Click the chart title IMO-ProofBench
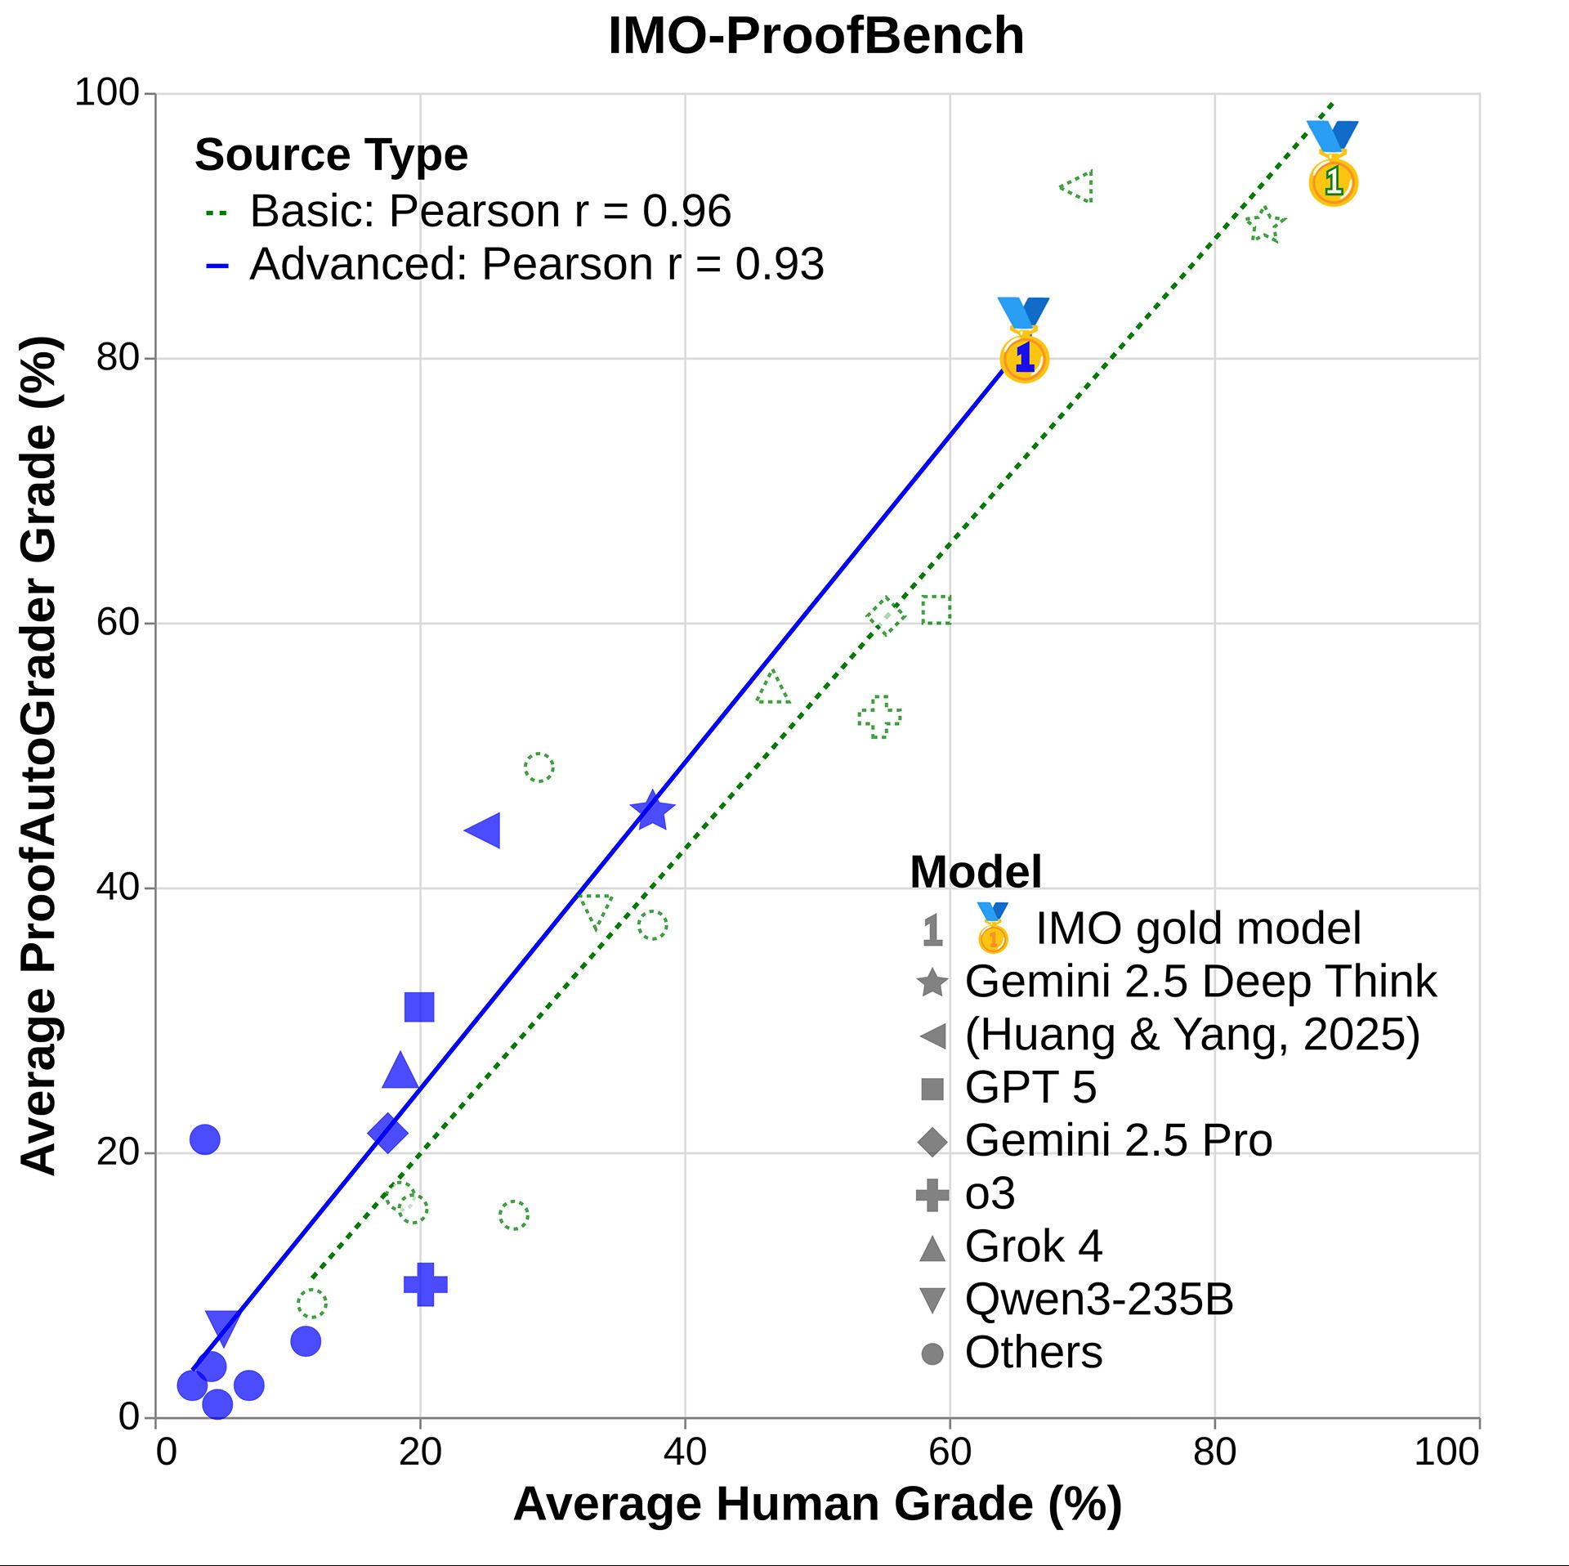[816, 37]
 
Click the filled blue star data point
[652, 812]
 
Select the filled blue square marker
[419, 1007]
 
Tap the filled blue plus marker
[426, 1284]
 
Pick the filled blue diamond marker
[387, 1133]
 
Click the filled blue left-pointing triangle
[484, 830]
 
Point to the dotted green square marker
[936, 610]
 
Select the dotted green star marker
[1265, 225]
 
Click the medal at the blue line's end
[1024, 341]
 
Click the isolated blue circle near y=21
[204, 1139]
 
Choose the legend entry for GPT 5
[1030, 1088]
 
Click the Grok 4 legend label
[1033, 1246]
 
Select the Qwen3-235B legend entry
[1098, 1300]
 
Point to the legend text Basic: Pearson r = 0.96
[490, 212]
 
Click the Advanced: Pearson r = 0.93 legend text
[536, 265]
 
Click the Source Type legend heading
[331, 155]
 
